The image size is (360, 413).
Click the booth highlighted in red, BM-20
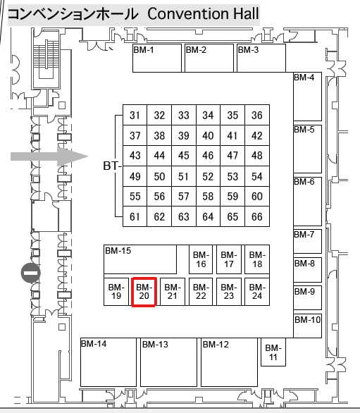coord(144,292)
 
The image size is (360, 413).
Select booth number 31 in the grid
coord(135,115)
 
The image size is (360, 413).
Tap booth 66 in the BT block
coord(257,216)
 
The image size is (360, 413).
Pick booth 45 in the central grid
coord(184,156)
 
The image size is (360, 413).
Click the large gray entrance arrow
coord(49,156)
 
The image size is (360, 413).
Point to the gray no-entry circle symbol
coord(31,273)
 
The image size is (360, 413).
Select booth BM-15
coord(140,259)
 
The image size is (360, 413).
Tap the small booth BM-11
coord(273,352)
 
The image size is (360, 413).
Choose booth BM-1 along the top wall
coord(157,58)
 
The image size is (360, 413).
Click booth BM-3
coord(261,58)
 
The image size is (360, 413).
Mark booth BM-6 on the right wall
coord(308,202)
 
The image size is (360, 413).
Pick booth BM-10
coord(308,326)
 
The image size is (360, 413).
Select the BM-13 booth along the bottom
coord(168,362)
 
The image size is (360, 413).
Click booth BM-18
coord(257,259)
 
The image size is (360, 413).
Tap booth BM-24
coord(257,292)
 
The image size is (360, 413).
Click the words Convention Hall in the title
coord(203,13)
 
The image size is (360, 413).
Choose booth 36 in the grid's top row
coord(257,115)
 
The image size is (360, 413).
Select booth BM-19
coord(116,292)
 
